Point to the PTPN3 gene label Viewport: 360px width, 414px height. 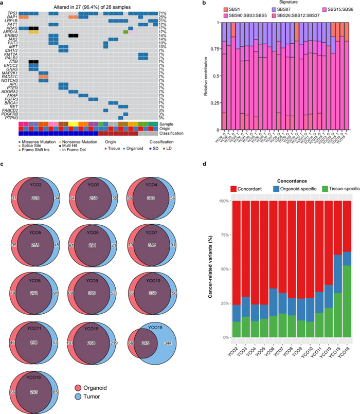(x=12, y=118)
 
